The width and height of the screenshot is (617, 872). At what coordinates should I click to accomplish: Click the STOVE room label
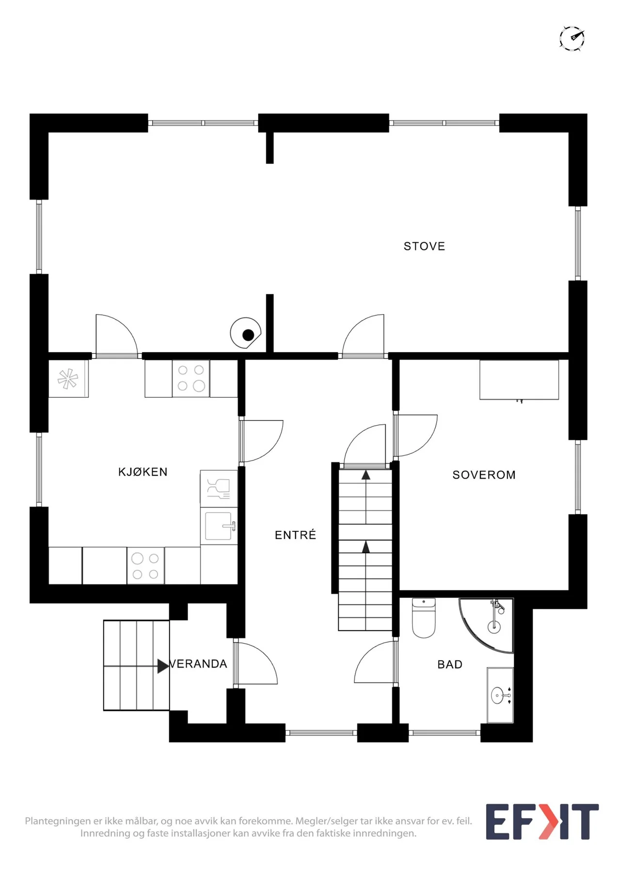coord(424,246)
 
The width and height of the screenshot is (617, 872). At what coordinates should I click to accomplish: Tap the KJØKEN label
coord(143,472)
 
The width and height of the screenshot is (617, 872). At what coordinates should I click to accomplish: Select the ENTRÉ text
coord(295,534)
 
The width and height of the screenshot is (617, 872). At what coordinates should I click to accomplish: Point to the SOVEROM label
coord(484,475)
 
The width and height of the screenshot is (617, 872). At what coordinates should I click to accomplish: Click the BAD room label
coord(450,664)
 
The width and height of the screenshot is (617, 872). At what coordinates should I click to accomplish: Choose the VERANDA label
coord(198,664)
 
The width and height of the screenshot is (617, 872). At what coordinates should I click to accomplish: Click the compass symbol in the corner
coord(572,38)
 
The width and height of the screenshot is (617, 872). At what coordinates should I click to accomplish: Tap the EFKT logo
coord(542,822)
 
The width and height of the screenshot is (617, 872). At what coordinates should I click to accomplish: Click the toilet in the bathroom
coord(424,618)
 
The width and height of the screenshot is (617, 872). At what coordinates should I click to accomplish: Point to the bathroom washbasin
coord(500,695)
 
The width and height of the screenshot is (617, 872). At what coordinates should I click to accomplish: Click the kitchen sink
coord(219,526)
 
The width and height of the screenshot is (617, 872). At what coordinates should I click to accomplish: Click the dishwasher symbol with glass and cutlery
coord(219,488)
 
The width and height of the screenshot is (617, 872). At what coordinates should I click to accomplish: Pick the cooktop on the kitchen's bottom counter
coord(145,566)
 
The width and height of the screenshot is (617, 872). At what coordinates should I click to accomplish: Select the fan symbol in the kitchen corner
coord(68,379)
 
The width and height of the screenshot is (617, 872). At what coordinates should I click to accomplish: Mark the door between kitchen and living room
coord(116,336)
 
